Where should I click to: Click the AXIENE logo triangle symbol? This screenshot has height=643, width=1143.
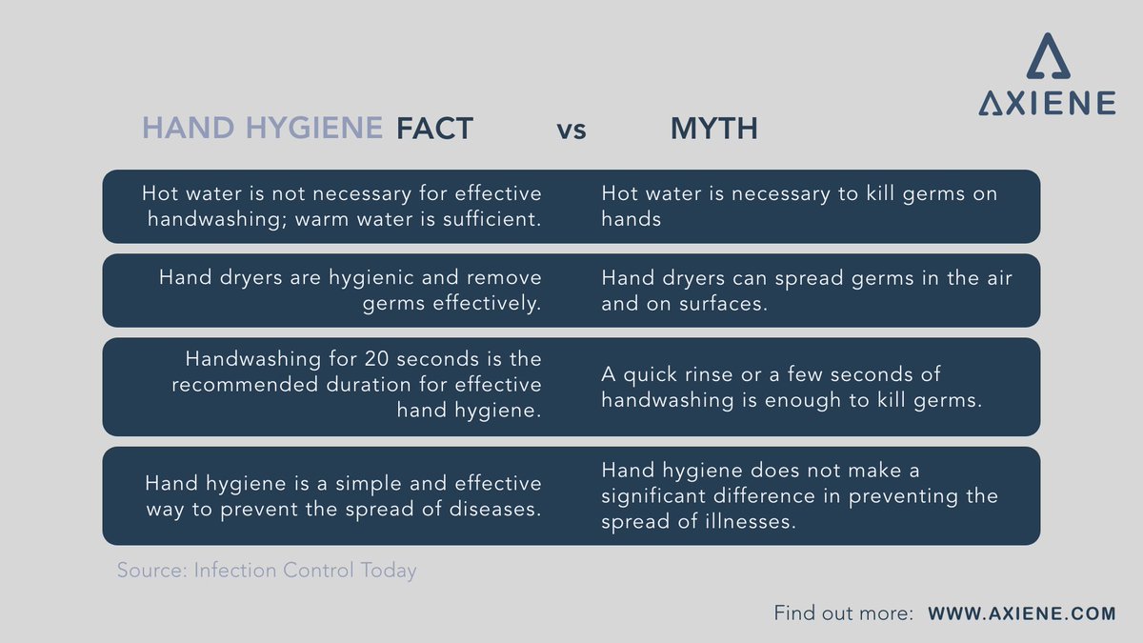[x=1047, y=56]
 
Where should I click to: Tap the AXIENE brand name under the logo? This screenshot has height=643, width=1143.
[x=1047, y=103]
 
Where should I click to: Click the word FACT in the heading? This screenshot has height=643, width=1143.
[x=434, y=128]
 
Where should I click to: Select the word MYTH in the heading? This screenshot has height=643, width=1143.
[x=713, y=128]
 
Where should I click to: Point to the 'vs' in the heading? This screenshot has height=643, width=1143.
[x=571, y=129]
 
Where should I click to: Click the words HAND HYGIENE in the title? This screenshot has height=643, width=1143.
[x=262, y=128]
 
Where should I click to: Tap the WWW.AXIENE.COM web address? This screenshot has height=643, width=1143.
[x=1021, y=613]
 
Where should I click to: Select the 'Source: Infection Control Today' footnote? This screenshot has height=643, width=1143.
[x=267, y=571]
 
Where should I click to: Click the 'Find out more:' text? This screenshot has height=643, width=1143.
[x=844, y=613]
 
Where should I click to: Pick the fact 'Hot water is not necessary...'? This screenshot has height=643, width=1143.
[x=341, y=206]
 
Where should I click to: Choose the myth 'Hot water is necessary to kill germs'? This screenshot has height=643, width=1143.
[x=799, y=206]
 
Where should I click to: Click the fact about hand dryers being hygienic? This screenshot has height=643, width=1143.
[x=350, y=290]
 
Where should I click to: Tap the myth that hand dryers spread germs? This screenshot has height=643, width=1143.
[x=806, y=290]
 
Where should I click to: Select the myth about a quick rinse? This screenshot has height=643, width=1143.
[x=791, y=387]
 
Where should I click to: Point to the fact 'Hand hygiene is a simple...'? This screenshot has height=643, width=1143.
[x=343, y=495]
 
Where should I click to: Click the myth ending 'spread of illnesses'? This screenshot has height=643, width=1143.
[x=799, y=495]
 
